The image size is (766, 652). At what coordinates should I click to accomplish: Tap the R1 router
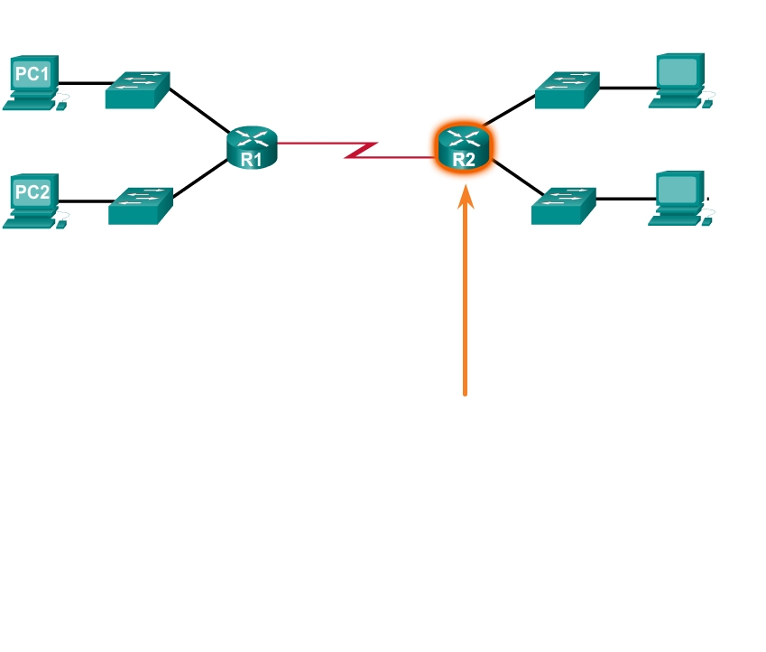click(253, 146)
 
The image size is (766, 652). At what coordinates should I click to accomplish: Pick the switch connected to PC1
click(137, 90)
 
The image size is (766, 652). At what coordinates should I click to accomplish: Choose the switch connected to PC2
click(140, 206)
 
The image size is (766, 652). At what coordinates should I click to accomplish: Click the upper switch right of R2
click(567, 90)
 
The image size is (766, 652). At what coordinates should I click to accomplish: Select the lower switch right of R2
click(564, 206)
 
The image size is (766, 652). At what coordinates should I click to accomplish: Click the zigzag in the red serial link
click(362, 150)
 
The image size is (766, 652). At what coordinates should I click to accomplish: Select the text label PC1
click(32, 73)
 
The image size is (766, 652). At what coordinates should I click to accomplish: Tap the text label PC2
click(32, 191)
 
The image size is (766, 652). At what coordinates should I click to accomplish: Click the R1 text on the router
click(252, 161)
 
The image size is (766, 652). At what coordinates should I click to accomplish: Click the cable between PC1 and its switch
click(83, 83)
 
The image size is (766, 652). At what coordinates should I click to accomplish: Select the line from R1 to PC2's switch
click(201, 179)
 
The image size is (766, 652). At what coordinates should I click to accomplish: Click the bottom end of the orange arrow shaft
click(466, 393)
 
